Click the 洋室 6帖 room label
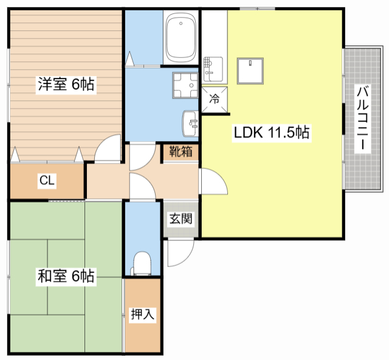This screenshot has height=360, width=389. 66,85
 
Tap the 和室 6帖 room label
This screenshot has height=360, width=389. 66,276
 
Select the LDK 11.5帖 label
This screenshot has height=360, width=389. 272,134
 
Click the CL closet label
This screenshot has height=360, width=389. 46,180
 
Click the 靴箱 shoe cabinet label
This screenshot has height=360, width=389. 181,151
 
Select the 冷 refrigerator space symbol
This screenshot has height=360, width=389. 215,97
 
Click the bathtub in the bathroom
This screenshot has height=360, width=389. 181,38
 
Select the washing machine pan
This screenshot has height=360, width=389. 185,85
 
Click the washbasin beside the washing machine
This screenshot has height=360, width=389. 190,125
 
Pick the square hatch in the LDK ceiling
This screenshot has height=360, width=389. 250,70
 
